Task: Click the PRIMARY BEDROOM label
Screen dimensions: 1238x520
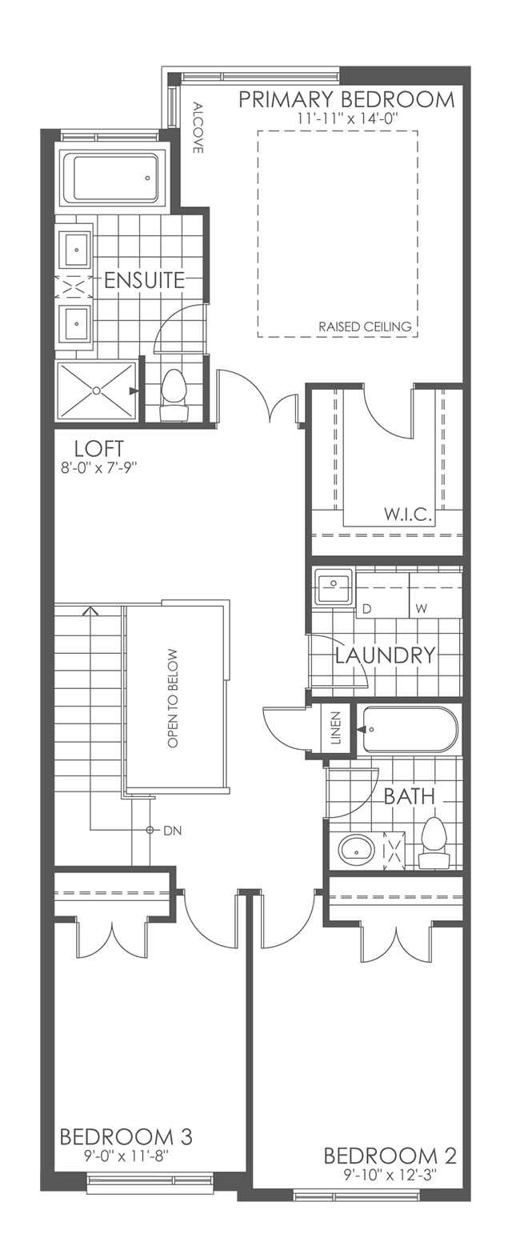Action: pos(346,100)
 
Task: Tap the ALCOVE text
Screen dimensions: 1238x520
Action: pos(198,127)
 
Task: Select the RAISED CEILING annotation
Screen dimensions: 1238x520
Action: pos(364,327)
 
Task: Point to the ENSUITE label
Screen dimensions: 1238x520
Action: pos(144,280)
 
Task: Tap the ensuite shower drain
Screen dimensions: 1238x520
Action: pos(96,391)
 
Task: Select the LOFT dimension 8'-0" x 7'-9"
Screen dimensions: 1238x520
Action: pos(99,468)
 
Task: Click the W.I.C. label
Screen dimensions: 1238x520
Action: pos(408,515)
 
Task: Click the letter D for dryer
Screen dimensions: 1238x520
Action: pos(367,609)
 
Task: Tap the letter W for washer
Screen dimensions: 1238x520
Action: pos(421,609)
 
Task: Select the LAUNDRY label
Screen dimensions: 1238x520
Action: pos(385,655)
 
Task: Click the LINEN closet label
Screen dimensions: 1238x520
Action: pos(336,728)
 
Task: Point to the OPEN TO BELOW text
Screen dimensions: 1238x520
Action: pos(173,698)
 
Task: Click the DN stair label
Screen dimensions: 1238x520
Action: pos(172,831)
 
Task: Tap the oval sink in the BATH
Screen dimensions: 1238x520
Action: pos(356,850)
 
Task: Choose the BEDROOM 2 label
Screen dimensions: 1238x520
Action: pos(390,1156)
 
